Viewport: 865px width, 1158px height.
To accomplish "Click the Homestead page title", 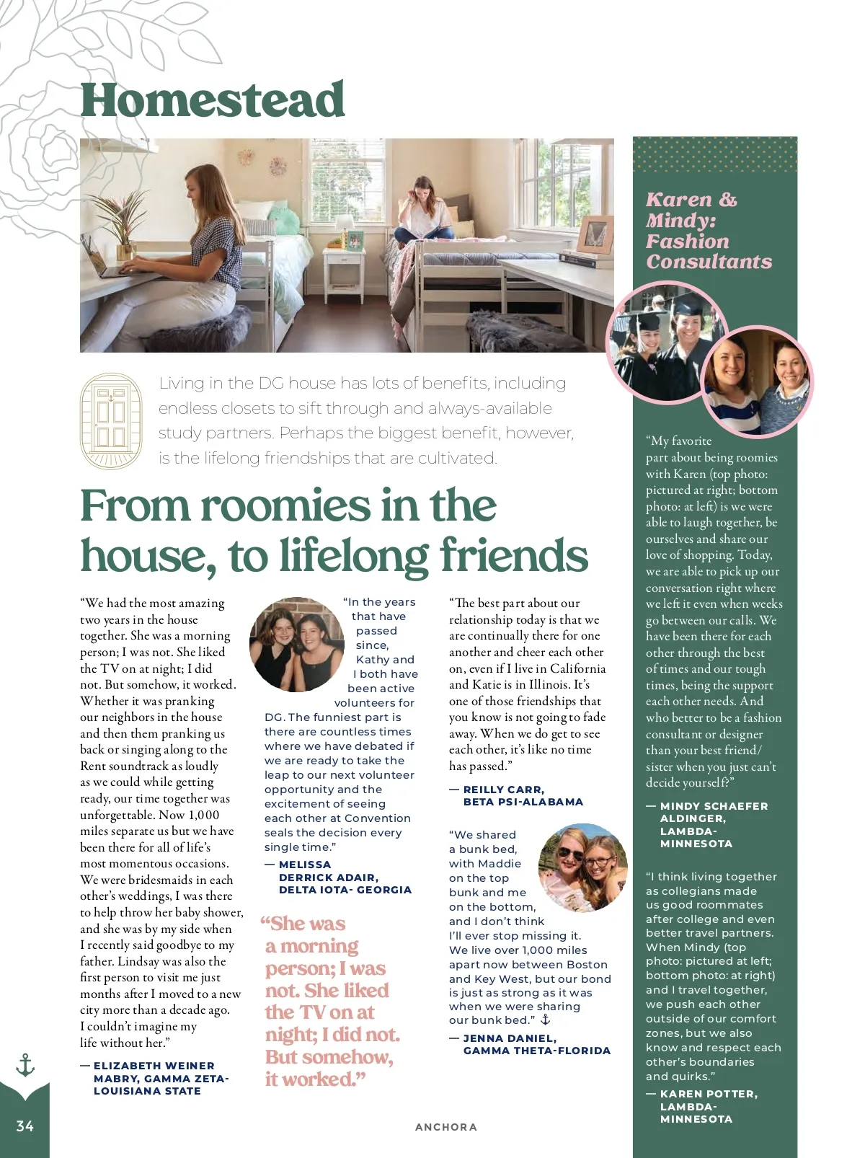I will point(212,100).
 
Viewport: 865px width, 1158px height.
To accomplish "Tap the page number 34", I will point(25,1126).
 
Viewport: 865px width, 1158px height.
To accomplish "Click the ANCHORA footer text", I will point(445,1127).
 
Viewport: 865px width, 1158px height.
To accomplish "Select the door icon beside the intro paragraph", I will point(110,421).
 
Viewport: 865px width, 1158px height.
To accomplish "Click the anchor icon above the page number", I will point(25,1065).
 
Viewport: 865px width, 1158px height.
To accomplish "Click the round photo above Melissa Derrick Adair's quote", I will point(296,644).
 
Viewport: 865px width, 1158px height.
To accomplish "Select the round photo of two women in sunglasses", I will point(583,867).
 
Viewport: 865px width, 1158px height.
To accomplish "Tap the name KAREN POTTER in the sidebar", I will point(709,1094).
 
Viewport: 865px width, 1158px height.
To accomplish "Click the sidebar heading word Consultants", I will point(709,262).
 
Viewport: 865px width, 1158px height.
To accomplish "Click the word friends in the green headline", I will point(514,556).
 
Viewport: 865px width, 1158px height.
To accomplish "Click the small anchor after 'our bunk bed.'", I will point(546,1020).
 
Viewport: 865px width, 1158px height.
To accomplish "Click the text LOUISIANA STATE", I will point(147,1091).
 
